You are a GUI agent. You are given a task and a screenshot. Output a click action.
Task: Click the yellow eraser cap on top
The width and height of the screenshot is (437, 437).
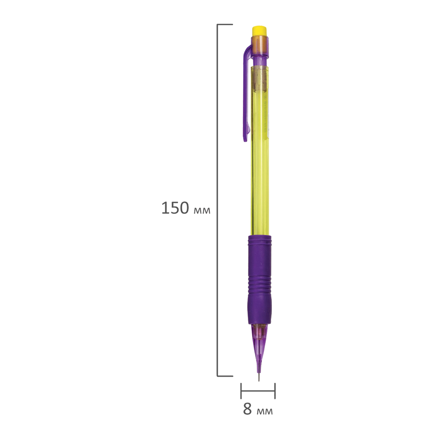[259, 31]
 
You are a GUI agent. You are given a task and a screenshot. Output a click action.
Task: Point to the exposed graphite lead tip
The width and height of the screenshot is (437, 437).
[259, 378]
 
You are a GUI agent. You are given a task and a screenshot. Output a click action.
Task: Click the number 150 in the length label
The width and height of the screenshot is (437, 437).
[175, 208]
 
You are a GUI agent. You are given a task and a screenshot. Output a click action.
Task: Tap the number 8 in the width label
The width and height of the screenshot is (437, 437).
[247, 409]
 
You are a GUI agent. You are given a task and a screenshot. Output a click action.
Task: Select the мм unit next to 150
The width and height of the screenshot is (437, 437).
[202, 211]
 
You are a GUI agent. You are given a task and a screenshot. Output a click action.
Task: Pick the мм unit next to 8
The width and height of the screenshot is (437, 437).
[264, 411]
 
